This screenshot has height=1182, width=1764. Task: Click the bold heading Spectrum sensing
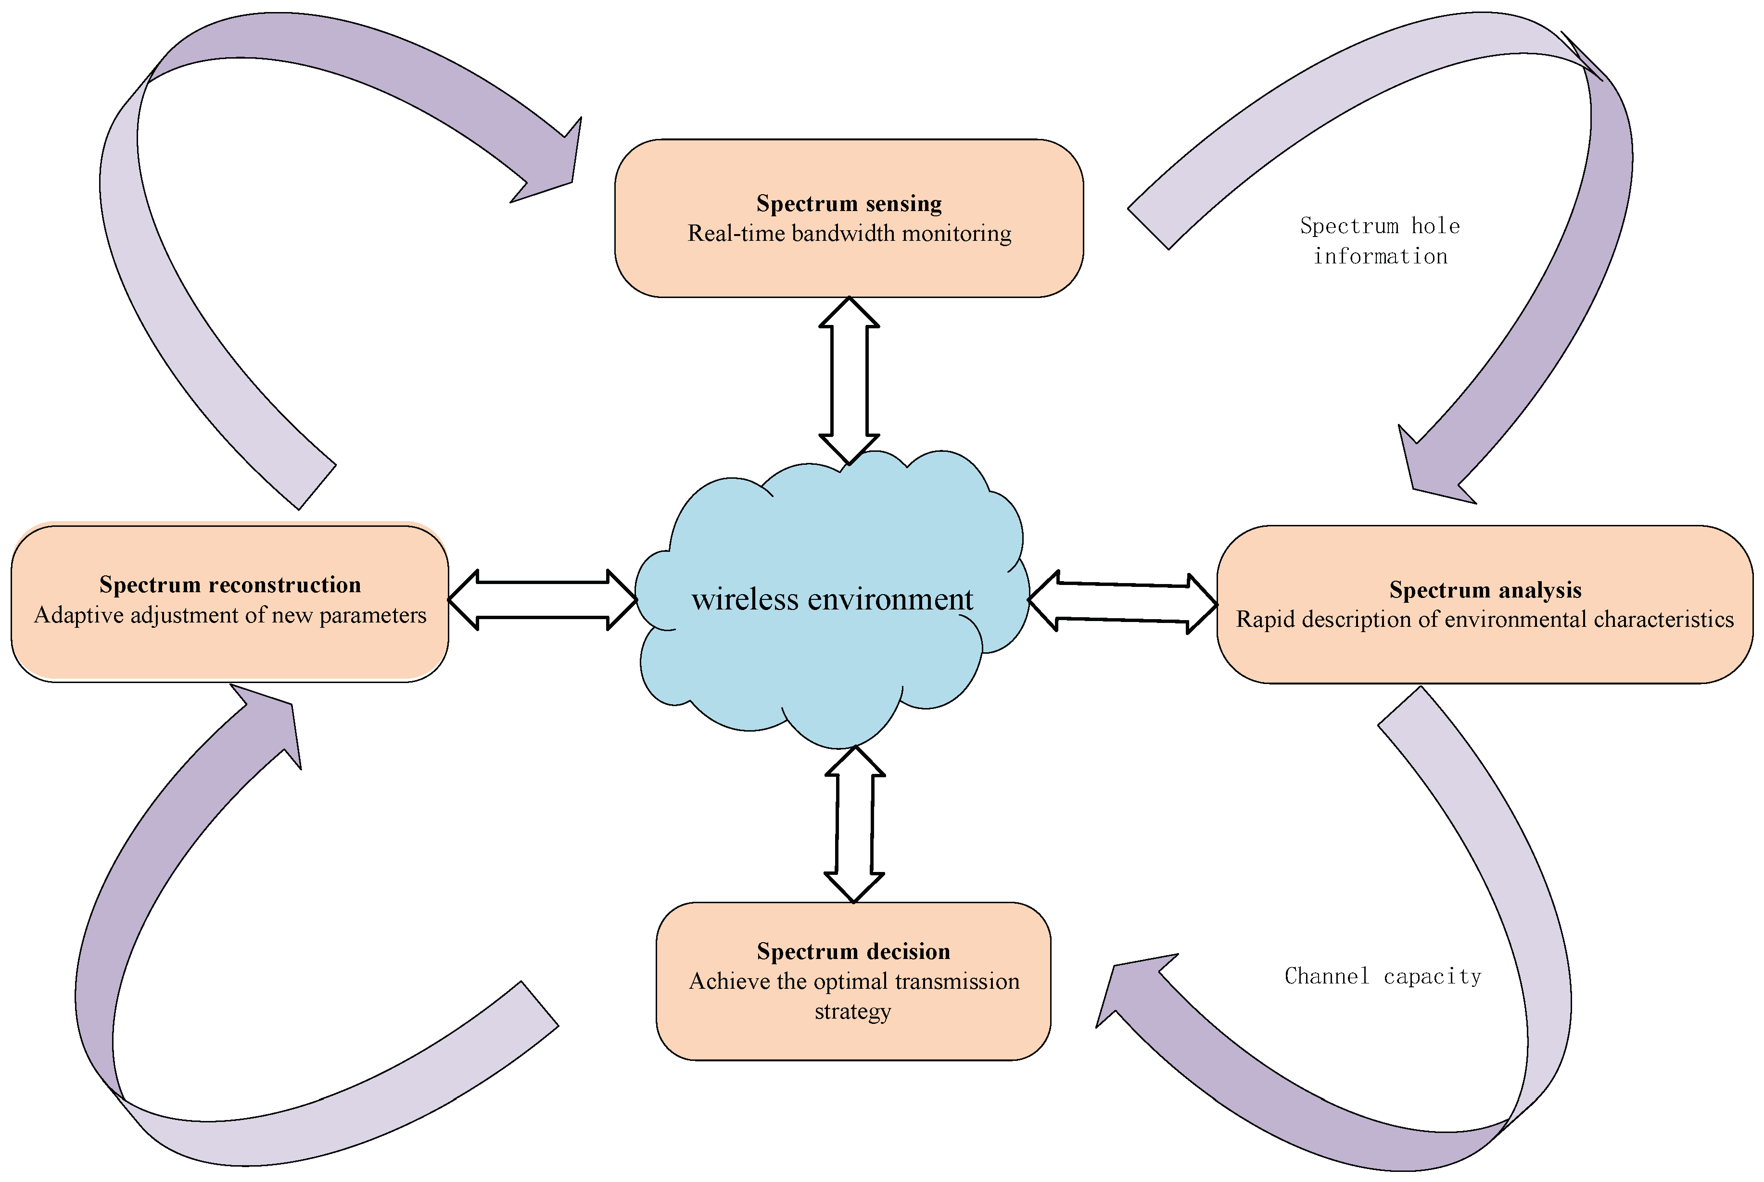pyautogui.click(x=849, y=203)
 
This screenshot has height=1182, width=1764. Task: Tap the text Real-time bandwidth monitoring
pyautogui.click(x=849, y=234)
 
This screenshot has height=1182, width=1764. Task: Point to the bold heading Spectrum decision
pyautogui.click(x=853, y=951)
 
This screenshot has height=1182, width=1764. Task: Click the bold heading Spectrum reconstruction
pyautogui.click(x=230, y=585)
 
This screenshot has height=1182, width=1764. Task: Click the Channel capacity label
pyautogui.click(x=1383, y=976)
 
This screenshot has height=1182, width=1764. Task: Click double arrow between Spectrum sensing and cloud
pyautogui.click(x=849, y=381)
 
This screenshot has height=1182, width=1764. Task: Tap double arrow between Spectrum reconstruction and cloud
pyautogui.click(x=542, y=600)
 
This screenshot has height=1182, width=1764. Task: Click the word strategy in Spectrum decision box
pyautogui.click(x=852, y=1011)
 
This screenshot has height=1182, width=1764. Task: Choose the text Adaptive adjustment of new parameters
pyautogui.click(x=230, y=615)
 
